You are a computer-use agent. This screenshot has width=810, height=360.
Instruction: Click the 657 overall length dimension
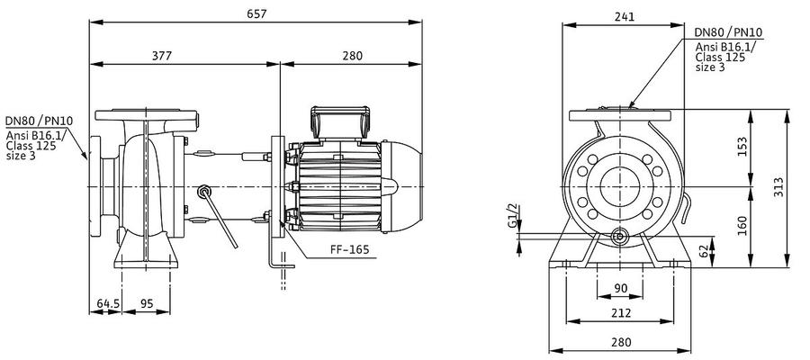[x=256, y=13]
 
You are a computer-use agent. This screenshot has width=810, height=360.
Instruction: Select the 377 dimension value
[x=162, y=55]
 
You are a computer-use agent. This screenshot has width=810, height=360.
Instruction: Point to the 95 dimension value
[x=147, y=303]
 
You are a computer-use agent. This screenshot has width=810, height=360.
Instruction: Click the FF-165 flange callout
[x=350, y=250]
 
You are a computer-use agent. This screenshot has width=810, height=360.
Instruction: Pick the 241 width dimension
[x=625, y=16]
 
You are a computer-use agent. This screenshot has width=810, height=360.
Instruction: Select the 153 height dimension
[x=742, y=148]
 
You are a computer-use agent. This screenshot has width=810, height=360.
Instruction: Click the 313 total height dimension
[x=779, y=187]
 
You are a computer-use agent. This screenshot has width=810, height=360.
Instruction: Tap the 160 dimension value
[x=742, y=226]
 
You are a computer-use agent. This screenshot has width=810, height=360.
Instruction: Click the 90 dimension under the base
[x=620, y=288]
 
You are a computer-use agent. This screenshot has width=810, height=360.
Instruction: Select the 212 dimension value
[x=620, y=313]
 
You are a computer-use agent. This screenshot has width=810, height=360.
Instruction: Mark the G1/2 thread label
[x=512, y=216]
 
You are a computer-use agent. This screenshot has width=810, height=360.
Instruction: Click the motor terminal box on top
[x=340, y=123]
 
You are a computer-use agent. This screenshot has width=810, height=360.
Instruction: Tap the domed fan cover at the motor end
[x=402, y=186]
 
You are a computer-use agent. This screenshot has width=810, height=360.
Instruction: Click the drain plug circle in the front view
[x=618, y=237]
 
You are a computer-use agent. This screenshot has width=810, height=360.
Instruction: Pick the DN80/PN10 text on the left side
[x=40, y=121]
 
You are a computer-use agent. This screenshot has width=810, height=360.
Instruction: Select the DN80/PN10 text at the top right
[x=729, y=32]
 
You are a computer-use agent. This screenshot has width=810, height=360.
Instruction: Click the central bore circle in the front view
[x=620, y=186]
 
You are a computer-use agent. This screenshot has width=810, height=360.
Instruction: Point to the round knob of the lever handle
[x=203, y=192]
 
